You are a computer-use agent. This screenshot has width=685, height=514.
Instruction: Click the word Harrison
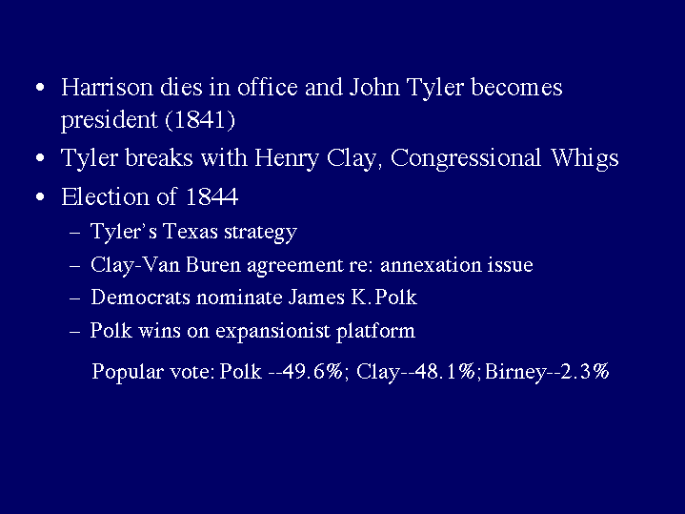point(107,87)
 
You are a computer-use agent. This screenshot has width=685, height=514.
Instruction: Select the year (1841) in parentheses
point(200,119)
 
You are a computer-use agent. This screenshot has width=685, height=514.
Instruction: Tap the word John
point(374,87)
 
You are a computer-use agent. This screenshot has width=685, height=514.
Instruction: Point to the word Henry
point(287,158)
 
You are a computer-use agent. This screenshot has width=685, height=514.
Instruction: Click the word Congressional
point(466,158)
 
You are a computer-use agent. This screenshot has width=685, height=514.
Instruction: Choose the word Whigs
point(585,158)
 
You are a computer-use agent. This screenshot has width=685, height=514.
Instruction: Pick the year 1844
point(212,196)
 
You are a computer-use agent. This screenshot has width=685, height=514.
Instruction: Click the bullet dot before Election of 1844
point(40,196)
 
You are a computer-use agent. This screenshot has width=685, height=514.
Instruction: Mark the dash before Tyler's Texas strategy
point(74,233)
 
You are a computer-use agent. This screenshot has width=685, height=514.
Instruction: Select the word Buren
point(213,265)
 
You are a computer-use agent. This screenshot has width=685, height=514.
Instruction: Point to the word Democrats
point(141,298)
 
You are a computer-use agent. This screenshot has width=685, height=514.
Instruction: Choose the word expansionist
point(272,331)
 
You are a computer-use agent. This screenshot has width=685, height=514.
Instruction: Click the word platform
point(375,331)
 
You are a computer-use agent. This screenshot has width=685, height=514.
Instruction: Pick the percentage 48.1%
point(445,371)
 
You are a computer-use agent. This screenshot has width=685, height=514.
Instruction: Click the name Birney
point(515,372)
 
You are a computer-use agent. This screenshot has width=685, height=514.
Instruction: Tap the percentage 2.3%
point(584,371)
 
